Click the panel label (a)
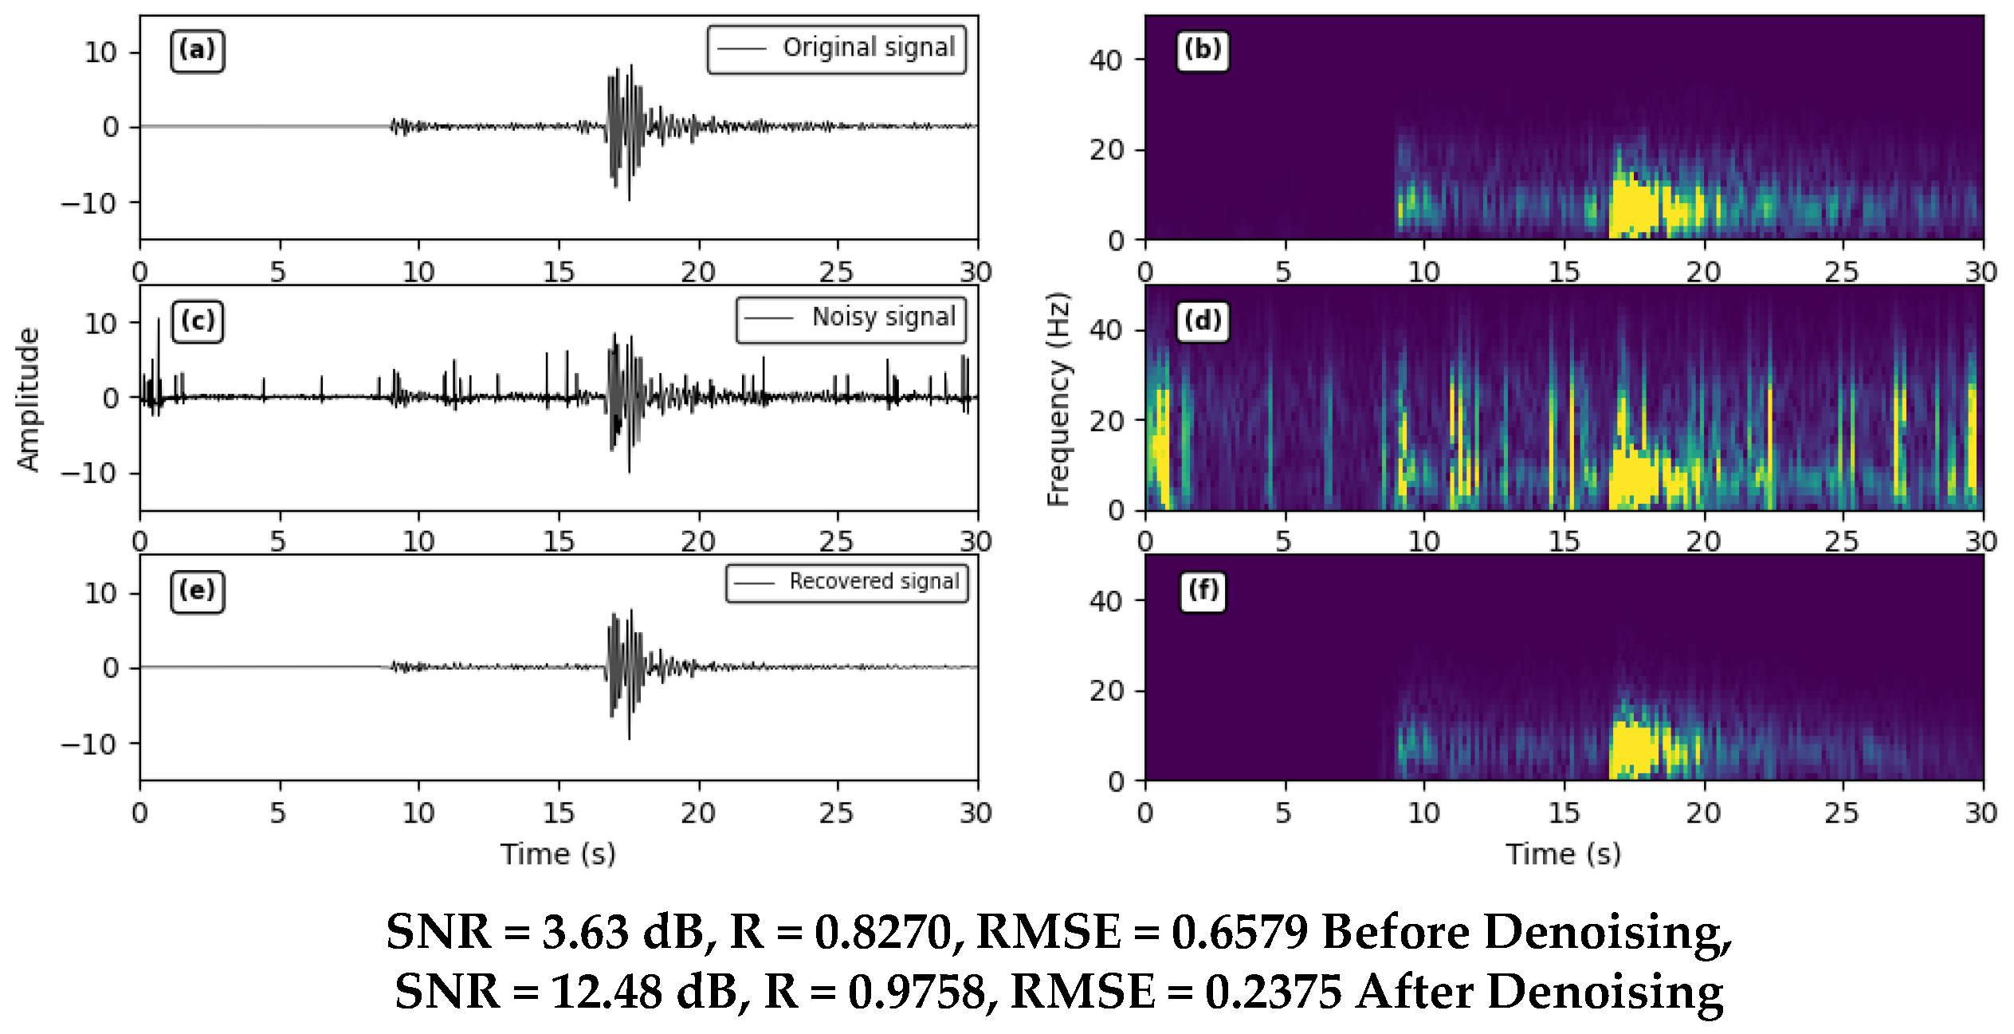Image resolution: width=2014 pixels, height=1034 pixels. click(x=197, y=50)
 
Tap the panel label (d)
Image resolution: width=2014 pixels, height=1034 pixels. click(x=1203, y=321)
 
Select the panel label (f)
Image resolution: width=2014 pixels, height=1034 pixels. click(x=1203, y=591)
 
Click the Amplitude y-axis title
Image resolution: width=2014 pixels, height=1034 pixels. click(x=29, y=399)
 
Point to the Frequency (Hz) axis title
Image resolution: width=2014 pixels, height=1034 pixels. click(x=1058, y=399)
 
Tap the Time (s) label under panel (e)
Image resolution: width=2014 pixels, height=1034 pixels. click(x=558, y=854)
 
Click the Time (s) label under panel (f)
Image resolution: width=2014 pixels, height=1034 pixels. click(x=1563, y=854)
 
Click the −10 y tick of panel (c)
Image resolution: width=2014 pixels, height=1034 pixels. click(x=89, y=474)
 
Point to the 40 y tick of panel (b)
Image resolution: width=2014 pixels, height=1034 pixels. click(x=1105, y=60)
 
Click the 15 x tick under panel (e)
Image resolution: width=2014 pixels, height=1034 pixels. click(x=558, y=812)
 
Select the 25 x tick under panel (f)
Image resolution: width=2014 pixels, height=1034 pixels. click(x=1842, y=812)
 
